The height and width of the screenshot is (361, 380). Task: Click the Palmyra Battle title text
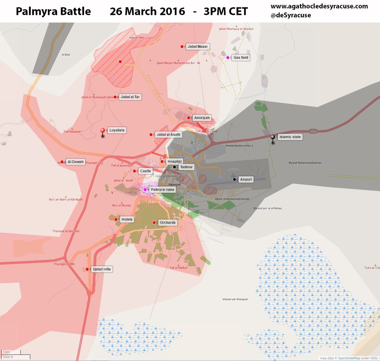[53, 12]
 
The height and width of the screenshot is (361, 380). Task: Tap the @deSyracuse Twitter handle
[291, 15]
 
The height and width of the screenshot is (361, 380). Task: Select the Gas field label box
[241, 58]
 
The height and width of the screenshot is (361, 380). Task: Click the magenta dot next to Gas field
[228, 58]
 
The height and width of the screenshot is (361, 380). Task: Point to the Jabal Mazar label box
[198, 47]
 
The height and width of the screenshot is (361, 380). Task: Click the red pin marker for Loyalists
[103, 131]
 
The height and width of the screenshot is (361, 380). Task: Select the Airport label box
[246, 179]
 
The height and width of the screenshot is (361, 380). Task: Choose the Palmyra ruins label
[162, 190]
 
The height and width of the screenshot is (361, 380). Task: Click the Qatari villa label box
[102, 269]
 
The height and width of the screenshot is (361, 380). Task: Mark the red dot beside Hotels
[116, 219]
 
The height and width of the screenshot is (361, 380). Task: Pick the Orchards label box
[168, 223]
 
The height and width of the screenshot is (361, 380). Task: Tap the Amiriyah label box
[202, 118]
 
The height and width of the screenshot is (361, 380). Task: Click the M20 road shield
[313, 131]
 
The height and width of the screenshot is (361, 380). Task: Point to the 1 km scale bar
[11, 352]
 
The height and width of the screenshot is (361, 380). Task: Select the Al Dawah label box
[75, 162]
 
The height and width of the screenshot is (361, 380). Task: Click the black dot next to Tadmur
[174, 167]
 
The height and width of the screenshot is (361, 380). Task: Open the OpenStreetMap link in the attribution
[349, 358]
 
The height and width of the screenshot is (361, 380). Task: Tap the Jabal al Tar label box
[130, 97]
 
